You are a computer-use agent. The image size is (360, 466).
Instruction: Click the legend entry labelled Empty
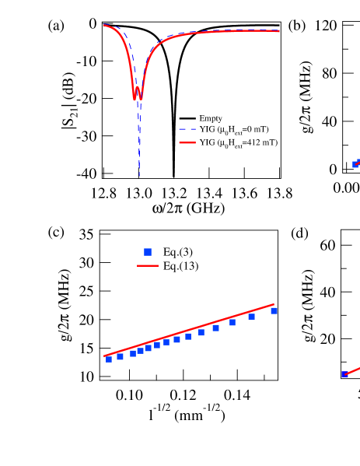(x=211, y=118)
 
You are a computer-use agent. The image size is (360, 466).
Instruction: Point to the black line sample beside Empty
(x=187, y=118)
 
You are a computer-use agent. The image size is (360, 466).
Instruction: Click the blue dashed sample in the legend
(x=187, y=130)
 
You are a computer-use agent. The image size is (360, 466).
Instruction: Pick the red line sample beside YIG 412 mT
(x=187, y=143)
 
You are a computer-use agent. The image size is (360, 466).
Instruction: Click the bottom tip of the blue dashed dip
(x=139, y=174)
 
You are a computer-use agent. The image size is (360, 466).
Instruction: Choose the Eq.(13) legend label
(x=180, y=266)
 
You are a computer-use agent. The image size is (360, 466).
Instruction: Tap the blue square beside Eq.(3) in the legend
(x=147, y=251)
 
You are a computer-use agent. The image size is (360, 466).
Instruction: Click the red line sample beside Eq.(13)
(x=147, y=266)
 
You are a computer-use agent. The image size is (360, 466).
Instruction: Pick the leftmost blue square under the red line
(x=109, y=359)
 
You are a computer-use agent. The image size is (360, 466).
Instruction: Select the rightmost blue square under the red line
(x=274, y=310)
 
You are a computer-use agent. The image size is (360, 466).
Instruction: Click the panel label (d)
(x=299, y=233)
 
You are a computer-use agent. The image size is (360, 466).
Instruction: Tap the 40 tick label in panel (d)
(x=327, y=292)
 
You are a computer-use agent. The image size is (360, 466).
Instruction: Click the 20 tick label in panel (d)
(x=327, y=338)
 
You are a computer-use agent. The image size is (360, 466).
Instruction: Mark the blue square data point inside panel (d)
(x=345, y=374)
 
